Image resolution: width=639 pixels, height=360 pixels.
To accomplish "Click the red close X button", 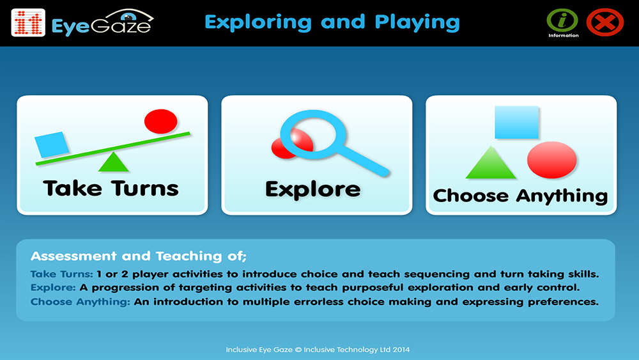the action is (604, 22).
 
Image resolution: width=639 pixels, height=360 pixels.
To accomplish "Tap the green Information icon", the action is (562, 20).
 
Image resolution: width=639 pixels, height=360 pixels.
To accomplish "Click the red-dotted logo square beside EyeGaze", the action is (28, 22).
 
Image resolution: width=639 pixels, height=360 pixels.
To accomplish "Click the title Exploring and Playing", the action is (332, 22).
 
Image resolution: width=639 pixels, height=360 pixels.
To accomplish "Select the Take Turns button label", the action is (111, 189).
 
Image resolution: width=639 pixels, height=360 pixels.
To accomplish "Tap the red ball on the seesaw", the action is (161, 121).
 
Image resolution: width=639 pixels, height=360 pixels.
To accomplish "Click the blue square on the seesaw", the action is (51, 145).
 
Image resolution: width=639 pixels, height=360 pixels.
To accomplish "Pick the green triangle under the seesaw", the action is (113, 162).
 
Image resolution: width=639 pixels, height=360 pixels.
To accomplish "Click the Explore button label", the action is (313, 189).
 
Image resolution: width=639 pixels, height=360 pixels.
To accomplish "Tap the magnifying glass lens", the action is (313, 135).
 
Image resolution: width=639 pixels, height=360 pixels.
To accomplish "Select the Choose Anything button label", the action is (520, 196).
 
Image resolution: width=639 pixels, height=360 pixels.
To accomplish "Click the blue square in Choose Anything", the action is (517, 122).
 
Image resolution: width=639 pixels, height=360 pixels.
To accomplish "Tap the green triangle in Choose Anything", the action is (491, 162).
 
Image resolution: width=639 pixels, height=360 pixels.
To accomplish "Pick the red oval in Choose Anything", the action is (552, 160).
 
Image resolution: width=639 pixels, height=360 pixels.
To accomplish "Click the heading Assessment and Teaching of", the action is (139, 256).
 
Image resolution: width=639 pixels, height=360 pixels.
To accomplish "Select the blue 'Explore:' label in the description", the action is (53, 288).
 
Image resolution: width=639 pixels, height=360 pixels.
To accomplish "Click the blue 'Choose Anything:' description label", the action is (81, 302).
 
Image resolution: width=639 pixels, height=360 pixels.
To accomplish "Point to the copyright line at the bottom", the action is (318, 349).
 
